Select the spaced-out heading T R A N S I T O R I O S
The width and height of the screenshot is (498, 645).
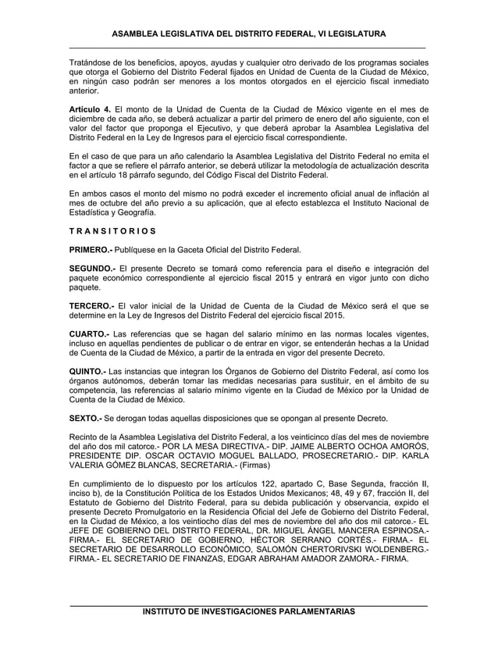coord(112,231)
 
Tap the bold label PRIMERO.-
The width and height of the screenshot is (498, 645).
coord(92,251)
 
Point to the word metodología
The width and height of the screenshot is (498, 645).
coord(321,166)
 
